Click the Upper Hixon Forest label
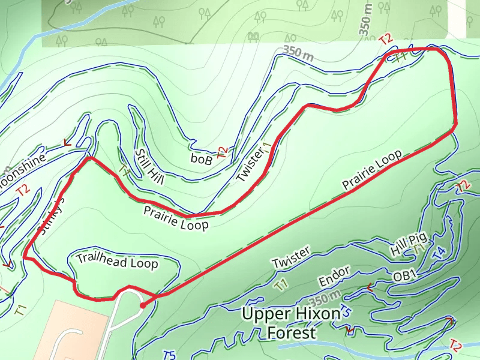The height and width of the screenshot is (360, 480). (278, 323)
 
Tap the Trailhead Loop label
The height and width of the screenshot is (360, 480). (117, 261)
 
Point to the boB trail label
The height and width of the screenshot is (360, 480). (202, 159)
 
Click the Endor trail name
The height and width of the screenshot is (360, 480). (334, 278)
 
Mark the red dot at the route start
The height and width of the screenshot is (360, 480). (143, 305)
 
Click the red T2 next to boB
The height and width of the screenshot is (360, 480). (223, 152)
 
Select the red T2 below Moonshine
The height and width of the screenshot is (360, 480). (23, 190)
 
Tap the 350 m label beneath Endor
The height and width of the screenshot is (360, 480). (326, 298)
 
